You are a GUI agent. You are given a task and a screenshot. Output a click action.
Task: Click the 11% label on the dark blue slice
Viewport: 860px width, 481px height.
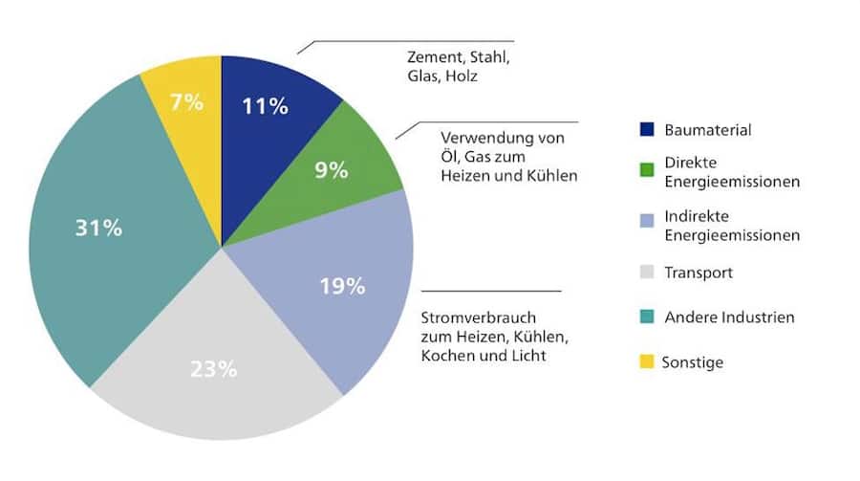click(x=267, y=106)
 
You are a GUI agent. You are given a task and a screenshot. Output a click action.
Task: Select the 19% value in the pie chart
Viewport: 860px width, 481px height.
click(x=343, y=286)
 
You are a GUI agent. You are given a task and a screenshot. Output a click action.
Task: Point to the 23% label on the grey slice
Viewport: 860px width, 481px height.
click(x=211, y=369)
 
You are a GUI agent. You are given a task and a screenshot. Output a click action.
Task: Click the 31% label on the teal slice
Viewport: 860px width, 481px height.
click(x=99, y=230)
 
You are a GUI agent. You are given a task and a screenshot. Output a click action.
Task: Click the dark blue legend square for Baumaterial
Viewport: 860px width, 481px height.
click(x=646, y=128)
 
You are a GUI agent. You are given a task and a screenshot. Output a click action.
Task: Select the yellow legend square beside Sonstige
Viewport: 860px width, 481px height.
click(x=646, y=361)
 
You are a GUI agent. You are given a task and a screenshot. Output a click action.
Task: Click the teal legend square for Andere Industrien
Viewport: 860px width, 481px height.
click(x=646, y=317)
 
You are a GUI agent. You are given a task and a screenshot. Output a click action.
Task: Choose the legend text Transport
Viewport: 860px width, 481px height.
click(x=698, y=273)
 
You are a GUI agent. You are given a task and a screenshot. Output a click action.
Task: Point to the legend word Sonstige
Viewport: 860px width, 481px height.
click(x=693, y=362)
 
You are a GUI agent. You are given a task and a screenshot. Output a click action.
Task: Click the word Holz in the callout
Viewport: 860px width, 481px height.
click(x=462, y=77)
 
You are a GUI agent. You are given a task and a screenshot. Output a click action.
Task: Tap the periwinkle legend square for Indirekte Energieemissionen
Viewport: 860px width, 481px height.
click(x=646, y=219)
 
